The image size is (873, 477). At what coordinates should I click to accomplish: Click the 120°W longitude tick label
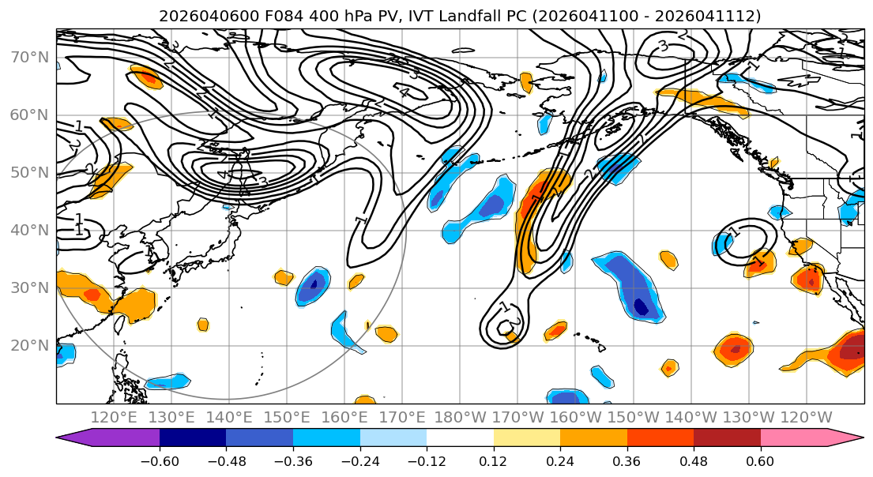click(x=807, y=418)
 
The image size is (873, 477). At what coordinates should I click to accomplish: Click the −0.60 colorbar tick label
click(x=160, y=461)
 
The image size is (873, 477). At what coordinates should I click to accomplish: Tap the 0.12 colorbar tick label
click(x=493, y=461)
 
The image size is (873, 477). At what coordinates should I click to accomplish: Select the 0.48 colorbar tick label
click(x=694, y=461)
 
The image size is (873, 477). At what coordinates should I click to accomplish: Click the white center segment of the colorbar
click(x=460, y=438)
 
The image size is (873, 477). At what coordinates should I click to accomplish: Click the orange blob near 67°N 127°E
click(x=146, y=77)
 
